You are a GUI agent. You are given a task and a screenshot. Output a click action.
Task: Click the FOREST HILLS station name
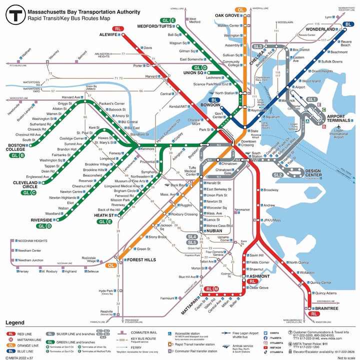(140, 260)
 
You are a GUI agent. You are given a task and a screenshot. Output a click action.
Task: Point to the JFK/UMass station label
(272, 220)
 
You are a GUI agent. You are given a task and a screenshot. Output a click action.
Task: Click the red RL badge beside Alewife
(118, 29)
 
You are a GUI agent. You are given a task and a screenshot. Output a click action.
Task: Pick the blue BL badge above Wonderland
(348, 23)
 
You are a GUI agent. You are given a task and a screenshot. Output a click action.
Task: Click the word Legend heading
(14, 323)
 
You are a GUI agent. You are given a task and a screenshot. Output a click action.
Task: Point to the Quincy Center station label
(320, 282)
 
